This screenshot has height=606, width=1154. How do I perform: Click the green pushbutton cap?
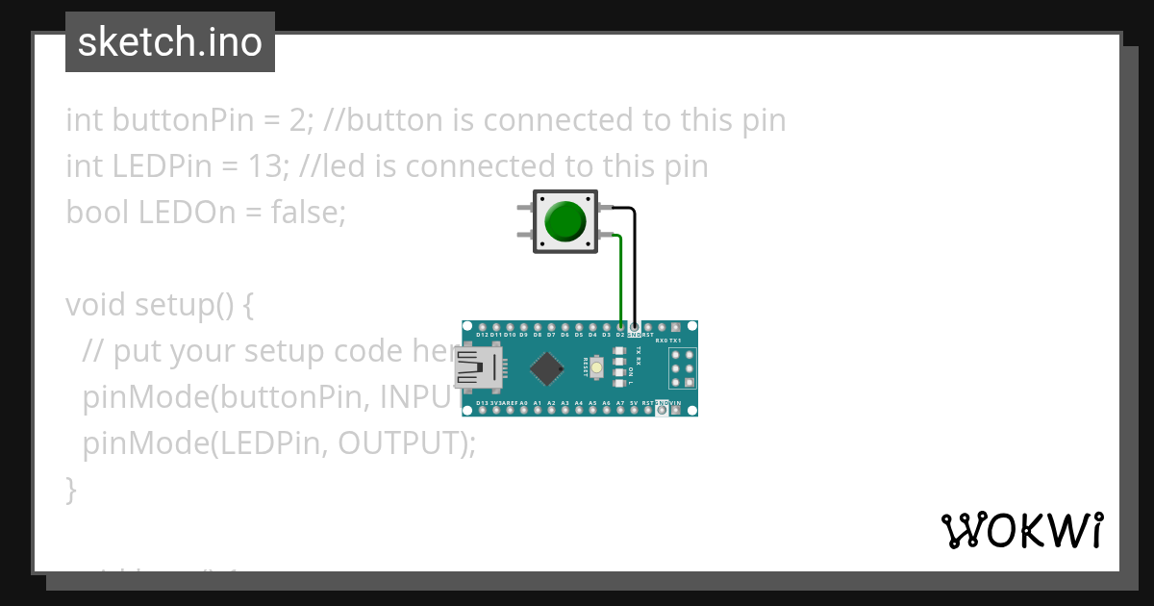click(564, 221)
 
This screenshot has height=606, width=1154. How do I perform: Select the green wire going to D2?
click(621, 279)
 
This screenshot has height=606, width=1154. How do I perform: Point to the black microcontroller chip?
click(546, 367)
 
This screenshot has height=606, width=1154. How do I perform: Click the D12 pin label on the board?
click(483, 335)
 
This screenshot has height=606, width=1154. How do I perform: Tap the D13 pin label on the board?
click(483, 403)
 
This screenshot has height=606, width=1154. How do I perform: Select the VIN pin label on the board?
click(676, 403)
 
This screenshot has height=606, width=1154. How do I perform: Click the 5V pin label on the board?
click(635, 403)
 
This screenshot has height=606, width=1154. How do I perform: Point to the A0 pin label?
click(524, 403)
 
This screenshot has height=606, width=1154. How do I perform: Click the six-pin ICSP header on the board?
click(682, 367)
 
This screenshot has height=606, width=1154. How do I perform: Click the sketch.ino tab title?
click(170, 42)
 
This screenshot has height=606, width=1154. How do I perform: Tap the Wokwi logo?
click(1021, 530)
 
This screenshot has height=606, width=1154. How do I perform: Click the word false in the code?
click(304, 212)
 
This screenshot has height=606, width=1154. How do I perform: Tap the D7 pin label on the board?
click(551, 335)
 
